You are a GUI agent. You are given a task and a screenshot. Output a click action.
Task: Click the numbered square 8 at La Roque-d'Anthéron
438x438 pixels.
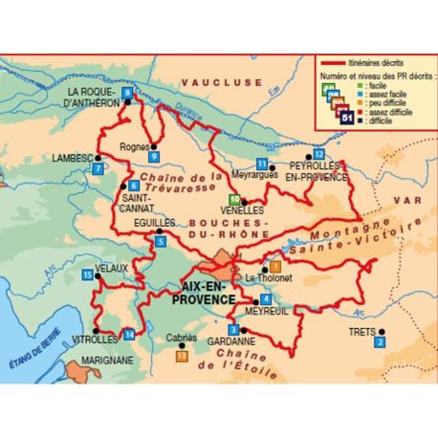tap(129, 93)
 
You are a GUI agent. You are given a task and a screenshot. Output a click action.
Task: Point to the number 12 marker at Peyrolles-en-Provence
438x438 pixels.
tap(319, 154)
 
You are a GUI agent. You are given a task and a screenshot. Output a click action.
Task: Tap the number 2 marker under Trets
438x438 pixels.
tap(380, 341)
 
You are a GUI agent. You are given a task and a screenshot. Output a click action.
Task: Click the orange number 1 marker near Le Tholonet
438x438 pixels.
tap(275, 265)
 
